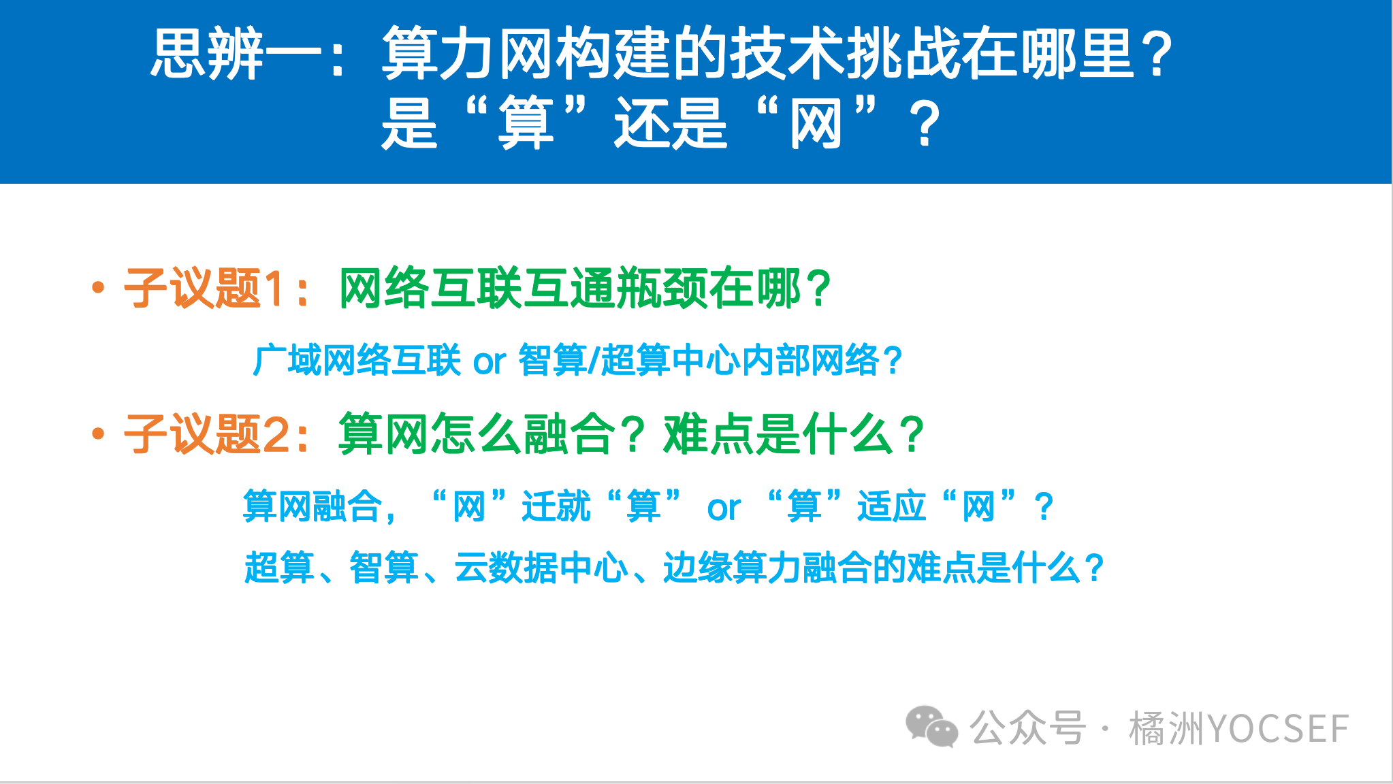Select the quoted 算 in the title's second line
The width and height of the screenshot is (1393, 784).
(525, 123)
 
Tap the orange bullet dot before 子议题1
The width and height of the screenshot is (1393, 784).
(98, 288)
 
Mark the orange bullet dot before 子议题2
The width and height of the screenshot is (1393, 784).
(98, 434)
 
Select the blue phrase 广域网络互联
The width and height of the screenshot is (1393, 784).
(357, 360)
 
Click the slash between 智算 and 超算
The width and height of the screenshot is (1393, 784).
(593, 361)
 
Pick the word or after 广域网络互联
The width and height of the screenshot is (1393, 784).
(490, 362)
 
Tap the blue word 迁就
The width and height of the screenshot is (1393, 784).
(556, 507)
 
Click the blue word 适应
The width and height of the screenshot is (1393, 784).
(891, 507)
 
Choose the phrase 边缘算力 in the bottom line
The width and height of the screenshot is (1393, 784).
(733, 568)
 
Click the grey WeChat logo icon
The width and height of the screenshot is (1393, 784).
(931, 727)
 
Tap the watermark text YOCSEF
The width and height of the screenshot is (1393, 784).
(1277, 729)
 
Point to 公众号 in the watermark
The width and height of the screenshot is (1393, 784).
(1027, 728)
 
